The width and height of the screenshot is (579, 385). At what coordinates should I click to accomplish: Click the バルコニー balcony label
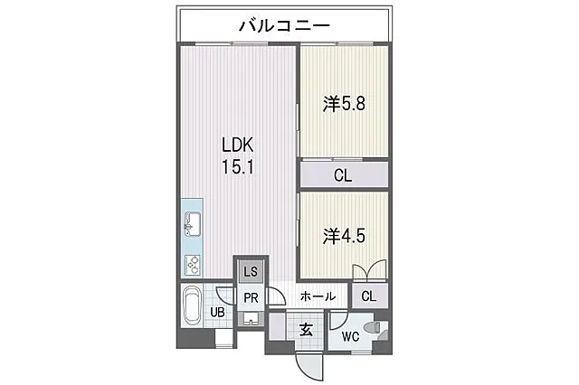(x=284, y=26)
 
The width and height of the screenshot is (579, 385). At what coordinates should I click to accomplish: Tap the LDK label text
(x=237, y=145)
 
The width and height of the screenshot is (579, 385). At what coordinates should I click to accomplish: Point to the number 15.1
(x=237, y=166)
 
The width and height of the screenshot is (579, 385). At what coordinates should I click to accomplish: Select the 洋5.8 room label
(x=344, y=104)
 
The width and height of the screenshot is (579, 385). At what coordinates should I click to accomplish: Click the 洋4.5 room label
(x=344, y=236)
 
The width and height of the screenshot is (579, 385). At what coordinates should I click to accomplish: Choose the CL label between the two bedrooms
(x=343, y=175)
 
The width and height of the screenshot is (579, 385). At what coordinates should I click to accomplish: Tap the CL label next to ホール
(x=369, y=296)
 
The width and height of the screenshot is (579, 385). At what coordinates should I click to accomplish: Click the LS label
(x=251, y=272)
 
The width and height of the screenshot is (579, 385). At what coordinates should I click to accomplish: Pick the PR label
(x=251, y=298)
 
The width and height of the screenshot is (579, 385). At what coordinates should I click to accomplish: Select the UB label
(x=217, y=313)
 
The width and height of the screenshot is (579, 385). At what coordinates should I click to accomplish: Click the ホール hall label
(x=318, y=296)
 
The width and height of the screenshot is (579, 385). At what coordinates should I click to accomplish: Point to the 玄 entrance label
(x=306, y=330)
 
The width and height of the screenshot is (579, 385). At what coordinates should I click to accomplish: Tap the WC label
(x=350, y=336)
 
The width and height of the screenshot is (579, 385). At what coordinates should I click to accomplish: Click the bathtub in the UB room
(x=192, y=305)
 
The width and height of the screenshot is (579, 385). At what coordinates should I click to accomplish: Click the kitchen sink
(x=192, y=224)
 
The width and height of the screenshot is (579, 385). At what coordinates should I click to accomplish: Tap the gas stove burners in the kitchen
(x=193, y=265)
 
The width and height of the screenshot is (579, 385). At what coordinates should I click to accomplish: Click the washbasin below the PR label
(x=251, y=319)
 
